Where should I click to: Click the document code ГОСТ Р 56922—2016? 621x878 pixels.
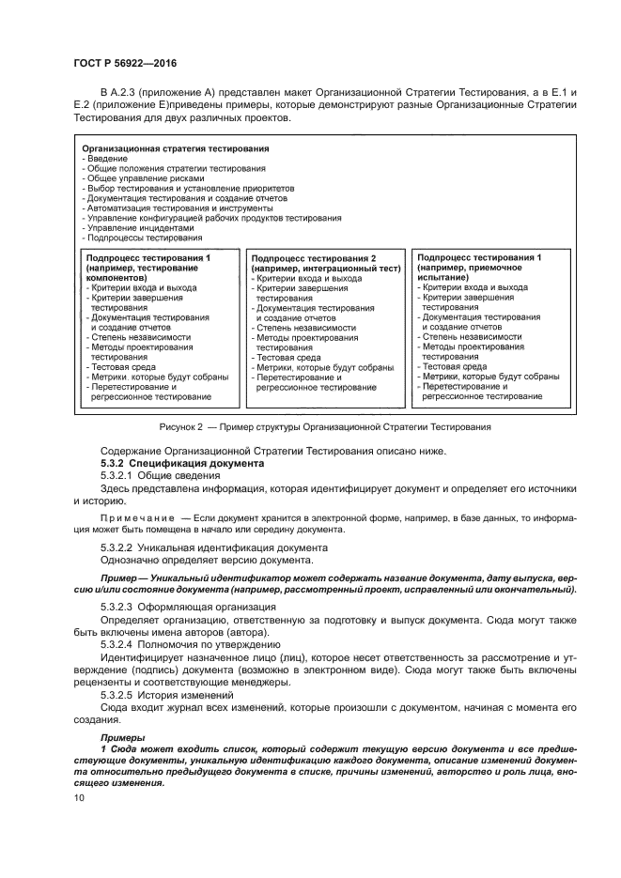click(x=125, y=63)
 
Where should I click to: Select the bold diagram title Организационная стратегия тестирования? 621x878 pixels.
click(x=176, y=149)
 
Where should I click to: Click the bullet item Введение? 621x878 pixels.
click(x=107, y=159)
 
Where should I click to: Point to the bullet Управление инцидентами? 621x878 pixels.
click(x=140, y=227)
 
